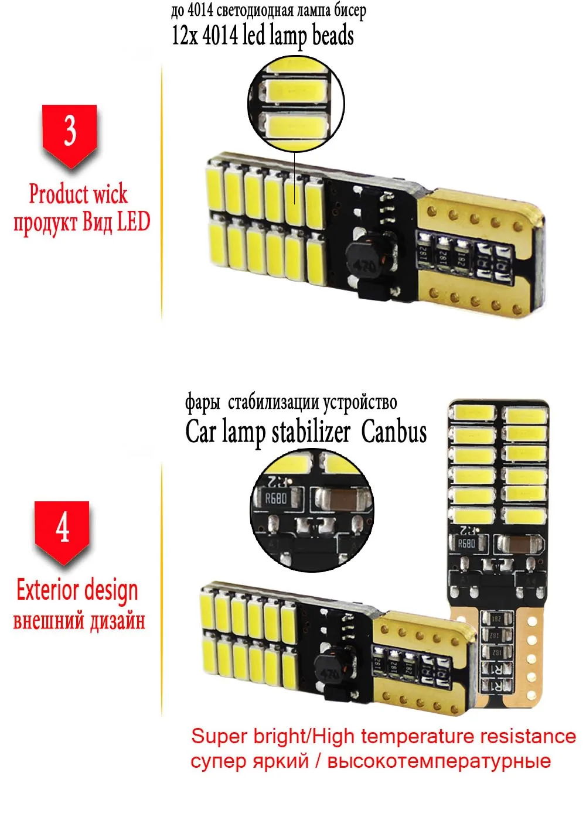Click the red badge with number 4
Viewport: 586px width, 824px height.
(62, 529)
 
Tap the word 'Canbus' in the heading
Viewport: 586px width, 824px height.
(394, 432)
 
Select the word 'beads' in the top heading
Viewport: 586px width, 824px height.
(333, 35)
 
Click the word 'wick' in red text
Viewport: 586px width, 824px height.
(110, 193)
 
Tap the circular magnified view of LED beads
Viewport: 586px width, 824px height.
(296, 105)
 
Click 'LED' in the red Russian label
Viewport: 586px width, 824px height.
(134, 222)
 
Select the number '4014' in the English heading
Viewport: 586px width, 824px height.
(220, 35)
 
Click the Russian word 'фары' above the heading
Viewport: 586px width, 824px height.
(203, 403)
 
